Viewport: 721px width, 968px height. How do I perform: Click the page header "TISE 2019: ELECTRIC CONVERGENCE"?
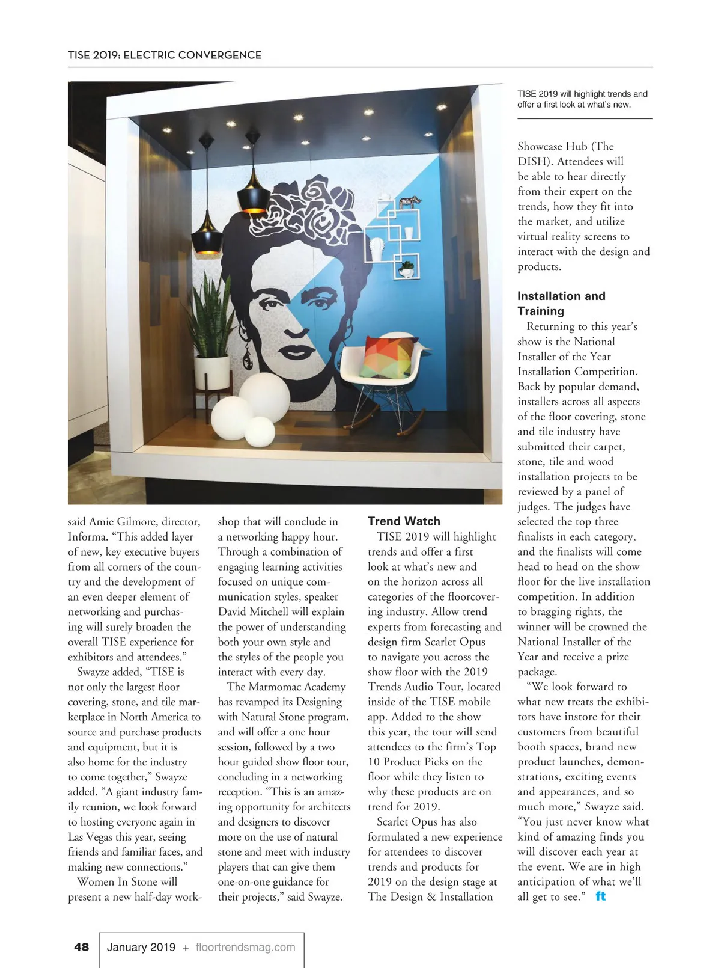[165, 55]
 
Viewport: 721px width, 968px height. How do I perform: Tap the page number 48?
[81, 947]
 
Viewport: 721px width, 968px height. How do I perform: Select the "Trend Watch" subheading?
[404, 521]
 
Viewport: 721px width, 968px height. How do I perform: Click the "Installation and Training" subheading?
[561, 303]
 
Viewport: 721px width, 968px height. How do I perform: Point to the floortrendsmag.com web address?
[246, 947]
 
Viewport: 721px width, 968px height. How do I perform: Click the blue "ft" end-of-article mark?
[600, 896]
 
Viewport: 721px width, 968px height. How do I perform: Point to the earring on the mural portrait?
[246, 354]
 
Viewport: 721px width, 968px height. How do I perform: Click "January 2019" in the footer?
[141, 947]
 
